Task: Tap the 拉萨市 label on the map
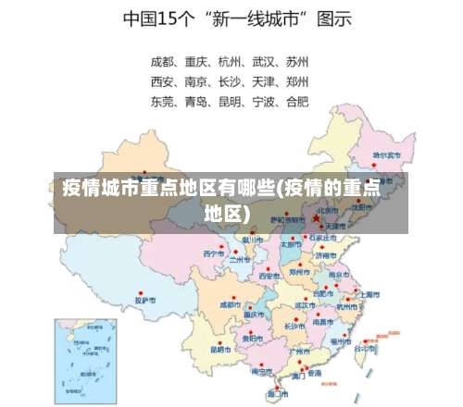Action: click(145, 300)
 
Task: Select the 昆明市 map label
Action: click(220, 350)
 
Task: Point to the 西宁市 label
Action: click(214, 253)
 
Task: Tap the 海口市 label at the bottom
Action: click(277, 394)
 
